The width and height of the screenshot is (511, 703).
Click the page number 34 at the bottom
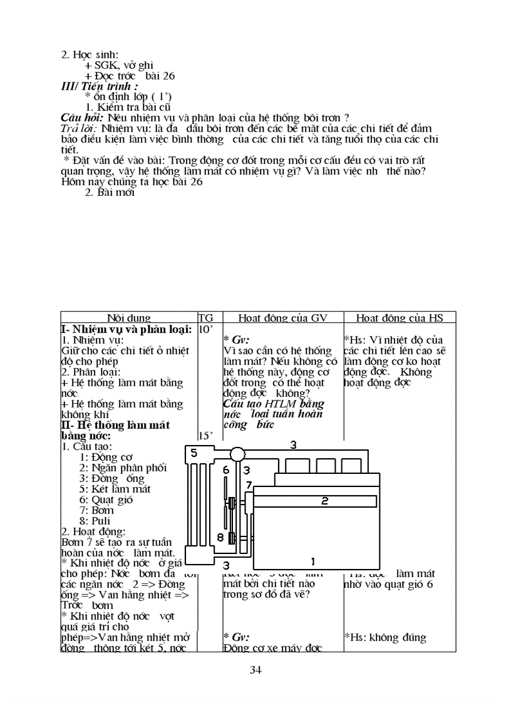click(255, 670)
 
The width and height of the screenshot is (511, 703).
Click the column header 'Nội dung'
click(129, 318)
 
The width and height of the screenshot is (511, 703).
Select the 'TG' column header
click(205, 318)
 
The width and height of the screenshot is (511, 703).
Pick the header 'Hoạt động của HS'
click(400, 318)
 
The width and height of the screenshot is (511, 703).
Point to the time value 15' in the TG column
click(206, 436)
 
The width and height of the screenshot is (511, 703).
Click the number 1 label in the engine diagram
click(313, 561)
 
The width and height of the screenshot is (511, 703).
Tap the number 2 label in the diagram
click(325, 501)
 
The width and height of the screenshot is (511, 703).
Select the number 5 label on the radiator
click(194, 453)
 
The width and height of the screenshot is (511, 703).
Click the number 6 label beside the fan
click(226, 470)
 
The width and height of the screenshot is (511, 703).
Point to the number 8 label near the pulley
click(220, 537)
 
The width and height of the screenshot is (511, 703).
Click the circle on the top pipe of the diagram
click(237, 454)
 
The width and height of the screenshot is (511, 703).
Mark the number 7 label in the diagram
click(249, 485)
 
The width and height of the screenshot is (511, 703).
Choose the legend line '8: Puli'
click(95, 521)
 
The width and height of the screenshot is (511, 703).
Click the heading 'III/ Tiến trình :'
click(99, 86)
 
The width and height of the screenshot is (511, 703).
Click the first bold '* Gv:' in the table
click(236, 339)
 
